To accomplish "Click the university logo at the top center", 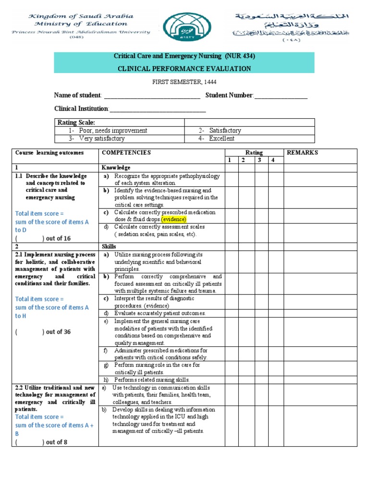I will tap(184, 27).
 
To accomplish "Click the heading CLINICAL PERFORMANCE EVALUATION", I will tap(184, 69).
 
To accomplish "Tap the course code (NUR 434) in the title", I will tap(238, 56).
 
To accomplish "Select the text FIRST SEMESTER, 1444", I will tap(184, 83).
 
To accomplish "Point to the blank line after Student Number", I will tap(281, 96).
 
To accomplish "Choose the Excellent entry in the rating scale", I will tap(221, 138).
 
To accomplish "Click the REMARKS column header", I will tap(302, 153).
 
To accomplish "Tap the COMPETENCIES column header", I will tap(126, 153).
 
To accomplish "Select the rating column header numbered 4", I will tap(273, 160).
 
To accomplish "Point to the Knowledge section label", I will tap(116, 168).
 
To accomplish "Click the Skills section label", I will tap(109, 246).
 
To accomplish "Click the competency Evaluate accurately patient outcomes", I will tap(160, 313).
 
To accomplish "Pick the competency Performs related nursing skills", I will tap(152, 380).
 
